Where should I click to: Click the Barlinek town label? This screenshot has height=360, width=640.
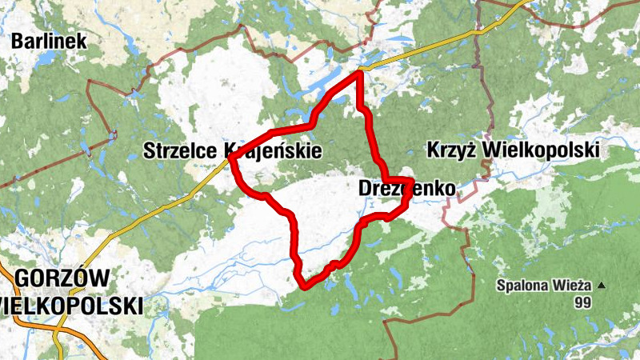pyautogui.click(x=48, y=40)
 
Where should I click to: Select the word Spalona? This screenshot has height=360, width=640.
pyautogui.click(x=522, y=285)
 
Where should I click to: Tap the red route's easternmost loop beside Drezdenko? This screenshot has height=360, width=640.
pyautogui.click(x=410, y=189)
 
